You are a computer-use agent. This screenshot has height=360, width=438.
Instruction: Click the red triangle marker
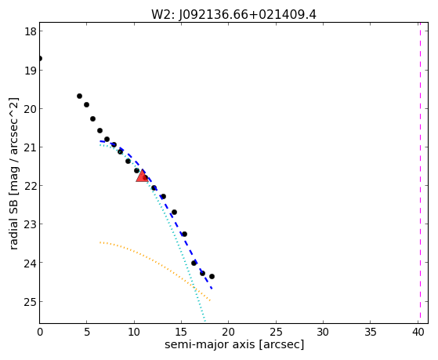tap(142, 176)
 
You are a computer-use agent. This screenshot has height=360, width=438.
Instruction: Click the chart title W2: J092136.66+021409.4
tap(233, 15)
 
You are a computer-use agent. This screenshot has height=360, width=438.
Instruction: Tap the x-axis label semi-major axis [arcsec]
tap(234, 344)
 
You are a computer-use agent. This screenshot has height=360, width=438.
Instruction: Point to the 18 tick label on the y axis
tap(31, 31)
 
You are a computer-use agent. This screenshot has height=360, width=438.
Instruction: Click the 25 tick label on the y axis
tap(31, 302)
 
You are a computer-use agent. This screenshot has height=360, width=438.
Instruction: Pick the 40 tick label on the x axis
tap(418, 332)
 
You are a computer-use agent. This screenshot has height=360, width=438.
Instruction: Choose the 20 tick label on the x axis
tap(229, 332)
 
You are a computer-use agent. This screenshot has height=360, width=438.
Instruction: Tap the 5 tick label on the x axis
tap(87, 332)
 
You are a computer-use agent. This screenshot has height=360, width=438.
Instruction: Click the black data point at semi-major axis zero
tap(40, 59)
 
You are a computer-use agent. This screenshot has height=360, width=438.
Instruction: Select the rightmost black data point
tap(212, 276)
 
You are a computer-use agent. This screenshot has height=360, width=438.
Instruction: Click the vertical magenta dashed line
tap(420, 173)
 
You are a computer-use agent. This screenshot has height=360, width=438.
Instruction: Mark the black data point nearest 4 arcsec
tap(79, 96)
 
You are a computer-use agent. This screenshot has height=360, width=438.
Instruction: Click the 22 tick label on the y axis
tap(31, 186)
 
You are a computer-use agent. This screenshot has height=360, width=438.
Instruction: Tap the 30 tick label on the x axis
tap(323, 332)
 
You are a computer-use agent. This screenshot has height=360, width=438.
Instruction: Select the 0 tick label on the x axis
tap(40, 332)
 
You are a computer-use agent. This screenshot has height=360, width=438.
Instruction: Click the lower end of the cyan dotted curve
tap(205, 321)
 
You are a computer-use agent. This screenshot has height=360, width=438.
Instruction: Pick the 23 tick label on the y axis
tap(31, 224)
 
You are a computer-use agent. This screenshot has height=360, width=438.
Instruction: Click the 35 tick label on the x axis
tap(371, 332)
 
